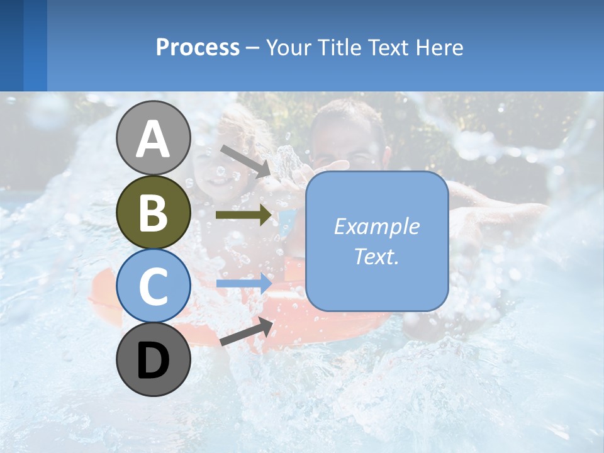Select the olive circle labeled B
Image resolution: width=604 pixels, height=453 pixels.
click(153, 212)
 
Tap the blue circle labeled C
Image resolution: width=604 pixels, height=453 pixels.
click(153, 286)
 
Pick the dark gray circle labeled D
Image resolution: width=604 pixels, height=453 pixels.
click(153, 359)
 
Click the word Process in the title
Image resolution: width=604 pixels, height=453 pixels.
click(198, 48)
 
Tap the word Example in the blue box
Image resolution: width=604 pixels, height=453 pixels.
click(376, 226)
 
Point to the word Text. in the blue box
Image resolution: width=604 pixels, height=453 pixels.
click(376, 256)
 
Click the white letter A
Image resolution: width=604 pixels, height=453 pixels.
click(153, 140)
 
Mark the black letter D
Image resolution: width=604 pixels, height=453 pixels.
click(153, 361)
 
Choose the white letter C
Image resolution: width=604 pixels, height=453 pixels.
click(153, 286)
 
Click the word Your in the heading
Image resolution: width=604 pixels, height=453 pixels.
click(289, 47)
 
